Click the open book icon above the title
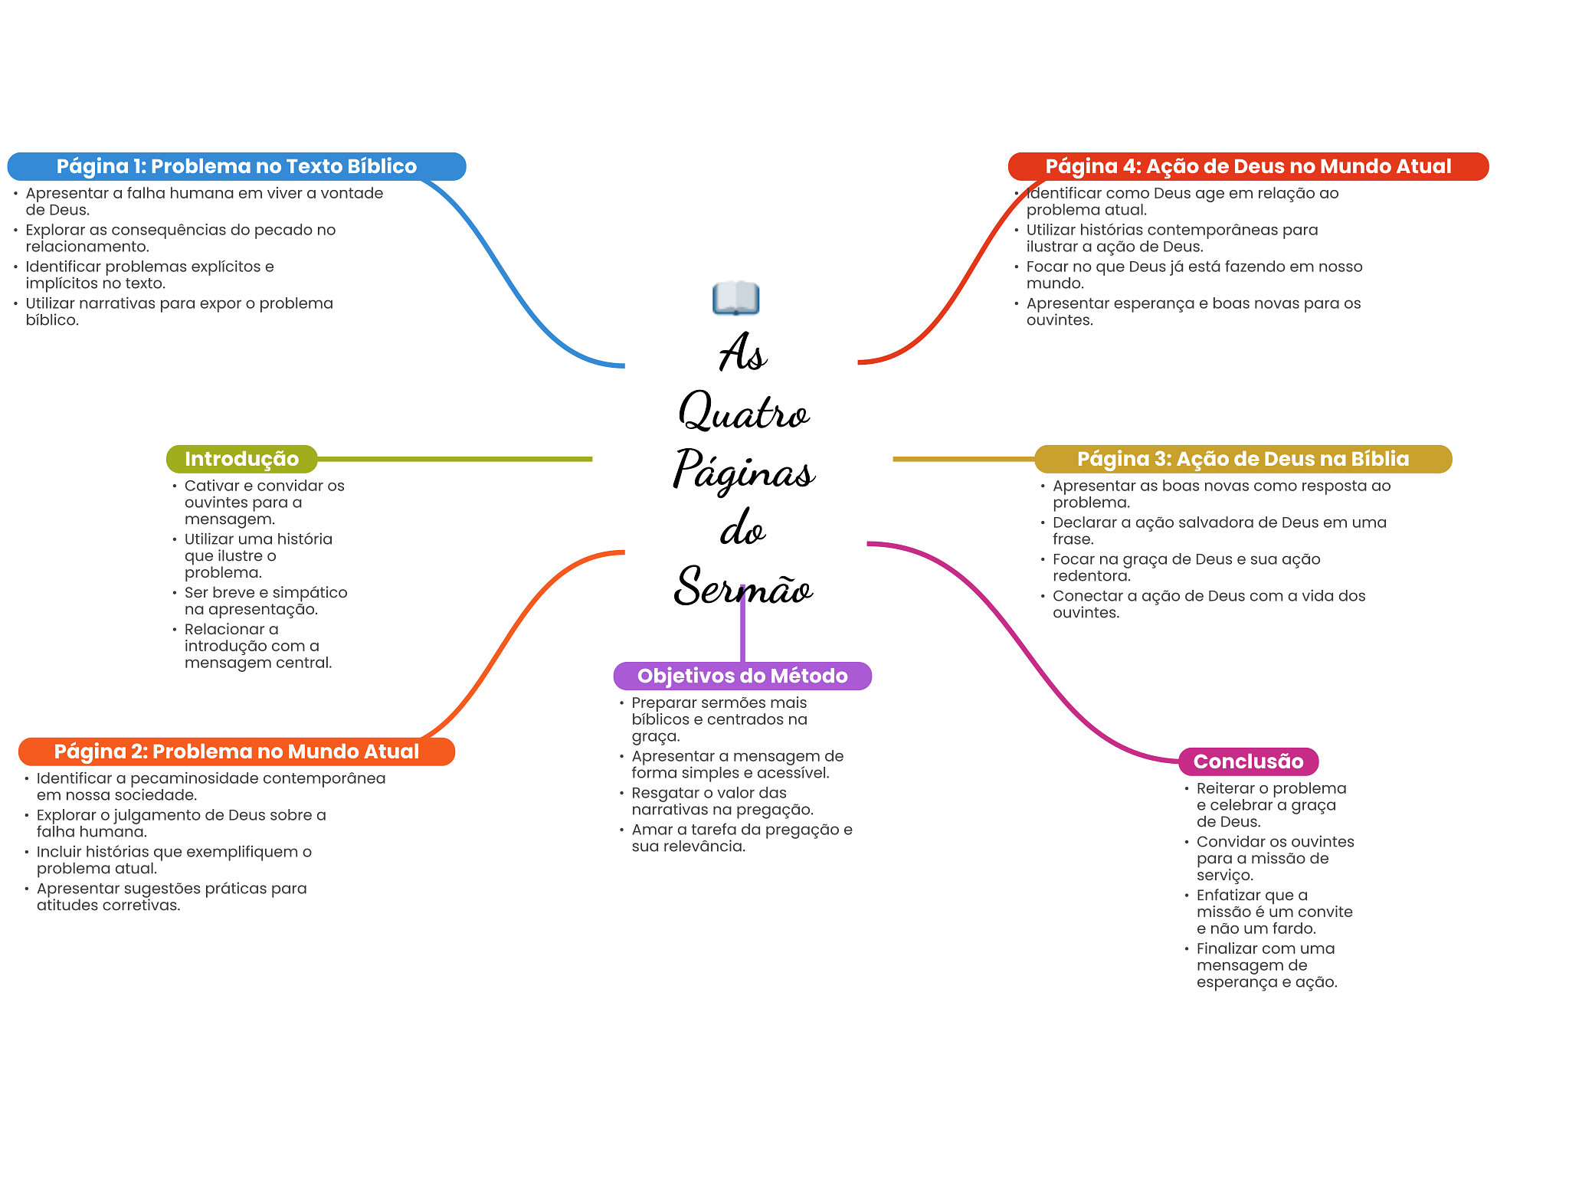[x=735, y=298]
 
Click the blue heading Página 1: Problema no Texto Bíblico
[x=236, y=166]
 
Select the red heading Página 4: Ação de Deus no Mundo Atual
[x=1247, y=166]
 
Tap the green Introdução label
[x=241, y=459]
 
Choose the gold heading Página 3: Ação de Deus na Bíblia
[x=1243, y=459]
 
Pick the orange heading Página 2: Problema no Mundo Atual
[x=236, y=752]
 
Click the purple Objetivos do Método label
[x=742, y=676]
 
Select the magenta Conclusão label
[x=1248, y=761]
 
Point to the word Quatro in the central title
[x=743, y=412]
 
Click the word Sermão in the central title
[x=743, y=588]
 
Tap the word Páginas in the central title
[x=743, y=470]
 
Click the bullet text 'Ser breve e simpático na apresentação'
[x=265, y=601]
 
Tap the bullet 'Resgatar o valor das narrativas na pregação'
[x=722, y=801]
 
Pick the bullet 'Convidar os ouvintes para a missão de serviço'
[x=1275, y=858]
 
